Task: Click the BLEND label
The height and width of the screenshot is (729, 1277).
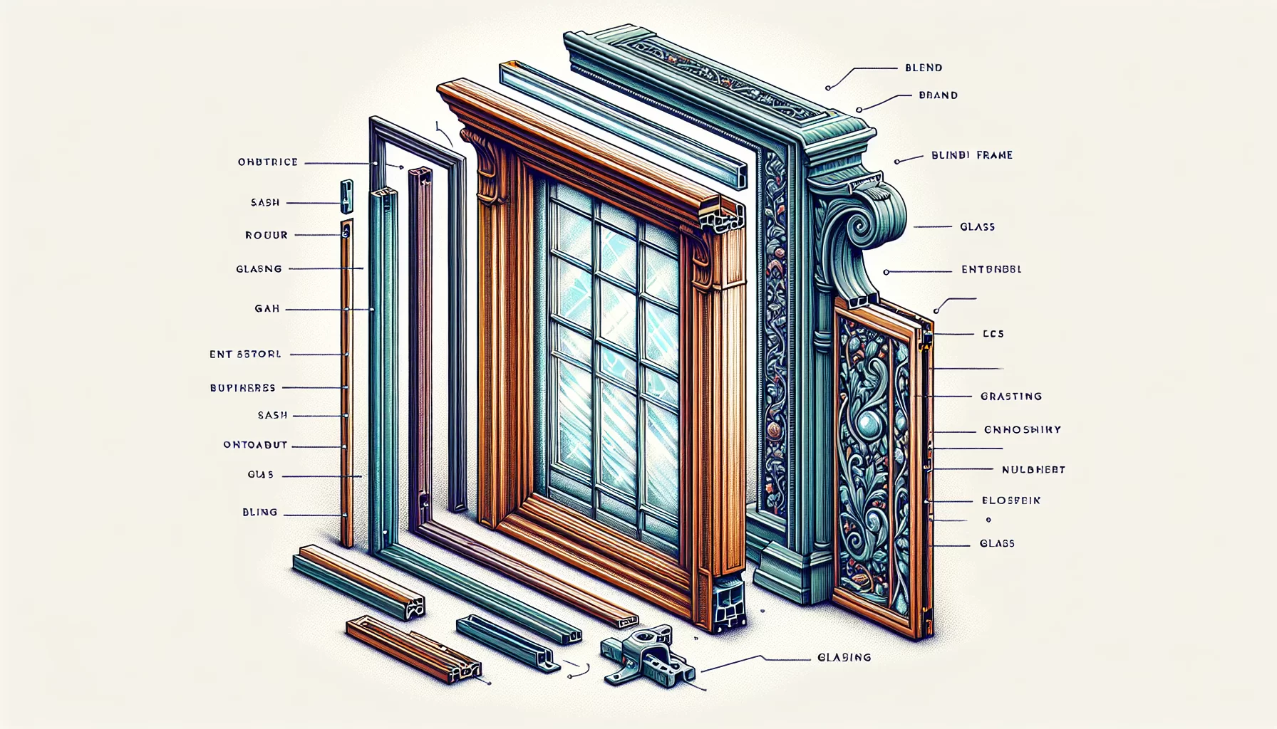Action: coord(924,68)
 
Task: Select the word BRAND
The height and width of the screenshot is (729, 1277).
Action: coord(938,95)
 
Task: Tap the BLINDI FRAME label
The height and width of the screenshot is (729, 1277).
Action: coord(972,155)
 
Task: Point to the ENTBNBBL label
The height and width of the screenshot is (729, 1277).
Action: coord(991,270)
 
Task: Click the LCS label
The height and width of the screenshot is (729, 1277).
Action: coord(993,334)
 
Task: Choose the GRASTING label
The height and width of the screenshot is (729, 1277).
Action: coord(1011,397)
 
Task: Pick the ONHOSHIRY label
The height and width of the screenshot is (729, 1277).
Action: coord(1023,430)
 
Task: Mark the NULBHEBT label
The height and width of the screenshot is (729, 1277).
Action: coord(1033,470)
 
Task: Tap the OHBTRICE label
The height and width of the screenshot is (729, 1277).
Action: coord(268,162)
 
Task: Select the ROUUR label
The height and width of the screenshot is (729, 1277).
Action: coord(267,235)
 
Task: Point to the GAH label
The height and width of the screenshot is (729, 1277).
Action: coord(267,309)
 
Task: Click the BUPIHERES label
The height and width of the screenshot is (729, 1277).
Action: coord(242,388)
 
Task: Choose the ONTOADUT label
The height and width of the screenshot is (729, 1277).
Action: coord(255,445)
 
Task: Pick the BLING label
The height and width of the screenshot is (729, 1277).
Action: coord(259,513)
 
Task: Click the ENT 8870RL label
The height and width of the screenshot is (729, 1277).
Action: coord(245,354)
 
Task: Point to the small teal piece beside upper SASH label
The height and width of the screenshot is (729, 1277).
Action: coord(346,196)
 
